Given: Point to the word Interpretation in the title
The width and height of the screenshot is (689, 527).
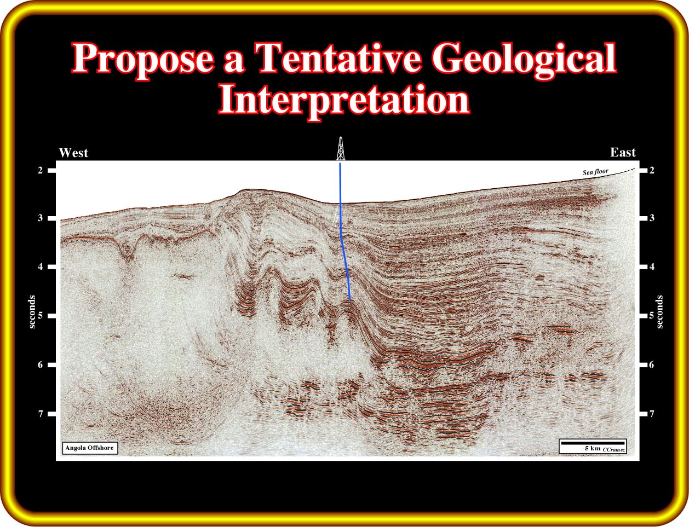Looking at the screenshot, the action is click(x=344, y=101).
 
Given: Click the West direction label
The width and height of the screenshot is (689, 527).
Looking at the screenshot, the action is click(x=73, y=153).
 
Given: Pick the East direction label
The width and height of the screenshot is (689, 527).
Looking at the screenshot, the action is click(x=623, y=153).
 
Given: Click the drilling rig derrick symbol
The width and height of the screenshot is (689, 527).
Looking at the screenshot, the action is click(x=341, y=148).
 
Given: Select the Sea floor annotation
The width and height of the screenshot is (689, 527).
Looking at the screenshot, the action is click(x=595, y=172).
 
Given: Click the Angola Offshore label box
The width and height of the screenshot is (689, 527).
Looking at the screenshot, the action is click(x=90, y=448).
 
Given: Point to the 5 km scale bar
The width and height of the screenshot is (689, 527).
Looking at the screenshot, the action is click(x=592, y=443).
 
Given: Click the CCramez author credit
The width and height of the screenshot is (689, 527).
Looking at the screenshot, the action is click(x=614, y=450).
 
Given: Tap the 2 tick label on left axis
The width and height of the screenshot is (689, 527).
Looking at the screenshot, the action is click(x=41, y=170).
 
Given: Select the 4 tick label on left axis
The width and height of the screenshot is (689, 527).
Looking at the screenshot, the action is click(x=41, y=267).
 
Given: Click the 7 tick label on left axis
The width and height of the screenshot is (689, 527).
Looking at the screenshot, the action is click(x=41, y=414).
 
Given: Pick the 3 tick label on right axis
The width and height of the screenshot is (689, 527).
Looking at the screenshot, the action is click(x=652, y=218).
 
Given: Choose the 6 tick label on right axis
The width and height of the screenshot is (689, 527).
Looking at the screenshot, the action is click(x=652, y=364).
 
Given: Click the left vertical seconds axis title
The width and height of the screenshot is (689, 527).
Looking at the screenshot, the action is click(x=32, y=312).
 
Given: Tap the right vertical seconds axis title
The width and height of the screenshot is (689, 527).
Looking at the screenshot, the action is click(x=660, y=312).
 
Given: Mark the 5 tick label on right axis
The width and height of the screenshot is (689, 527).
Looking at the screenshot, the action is click(x=652, y=315).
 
